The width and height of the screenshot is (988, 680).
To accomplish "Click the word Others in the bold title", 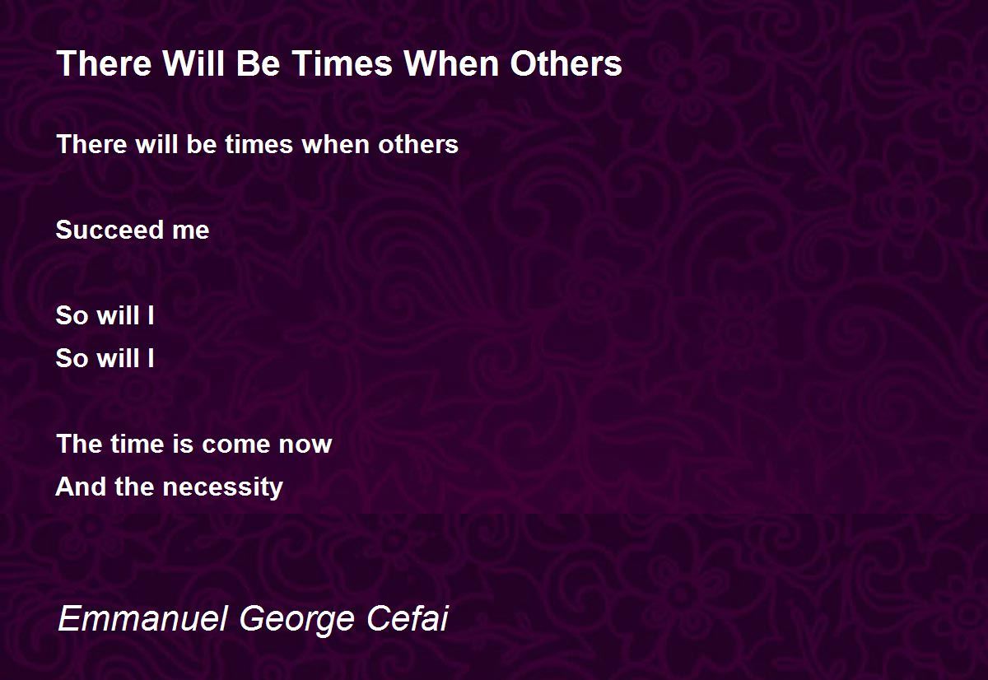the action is pyautogui.click(x=566, y=63).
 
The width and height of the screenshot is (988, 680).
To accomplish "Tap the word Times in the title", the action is pyautogui.click(x=342, y=63).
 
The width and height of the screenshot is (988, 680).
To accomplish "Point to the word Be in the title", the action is pyautogui.click(x=258, y=63).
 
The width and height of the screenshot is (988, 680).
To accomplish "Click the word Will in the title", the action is pyautogui.click(x=193, y=63).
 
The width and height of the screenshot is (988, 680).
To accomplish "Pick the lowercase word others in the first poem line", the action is pyautogui.click(x=418, y=145).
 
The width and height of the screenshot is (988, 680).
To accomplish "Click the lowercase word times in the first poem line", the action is pyautogui.click(x=259, y=145).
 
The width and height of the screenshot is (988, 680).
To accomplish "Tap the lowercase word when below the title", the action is pyautogui.click(x=336, y=145).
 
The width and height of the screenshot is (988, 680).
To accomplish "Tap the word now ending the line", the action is pyautogui.click(x=305, y=445).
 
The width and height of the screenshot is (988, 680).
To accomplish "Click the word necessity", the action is pyautogui.click(x=223, y=487).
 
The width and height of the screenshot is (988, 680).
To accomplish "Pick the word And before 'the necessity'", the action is pyautogui.click(x=81, y=487).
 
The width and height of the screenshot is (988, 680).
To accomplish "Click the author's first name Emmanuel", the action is pyautogui.click(x=142, y=618).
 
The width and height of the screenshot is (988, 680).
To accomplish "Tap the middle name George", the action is pyautogui.click(x=296, y=621).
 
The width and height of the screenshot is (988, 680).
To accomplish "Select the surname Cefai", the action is pyautogui.click(x=407, y=618).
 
